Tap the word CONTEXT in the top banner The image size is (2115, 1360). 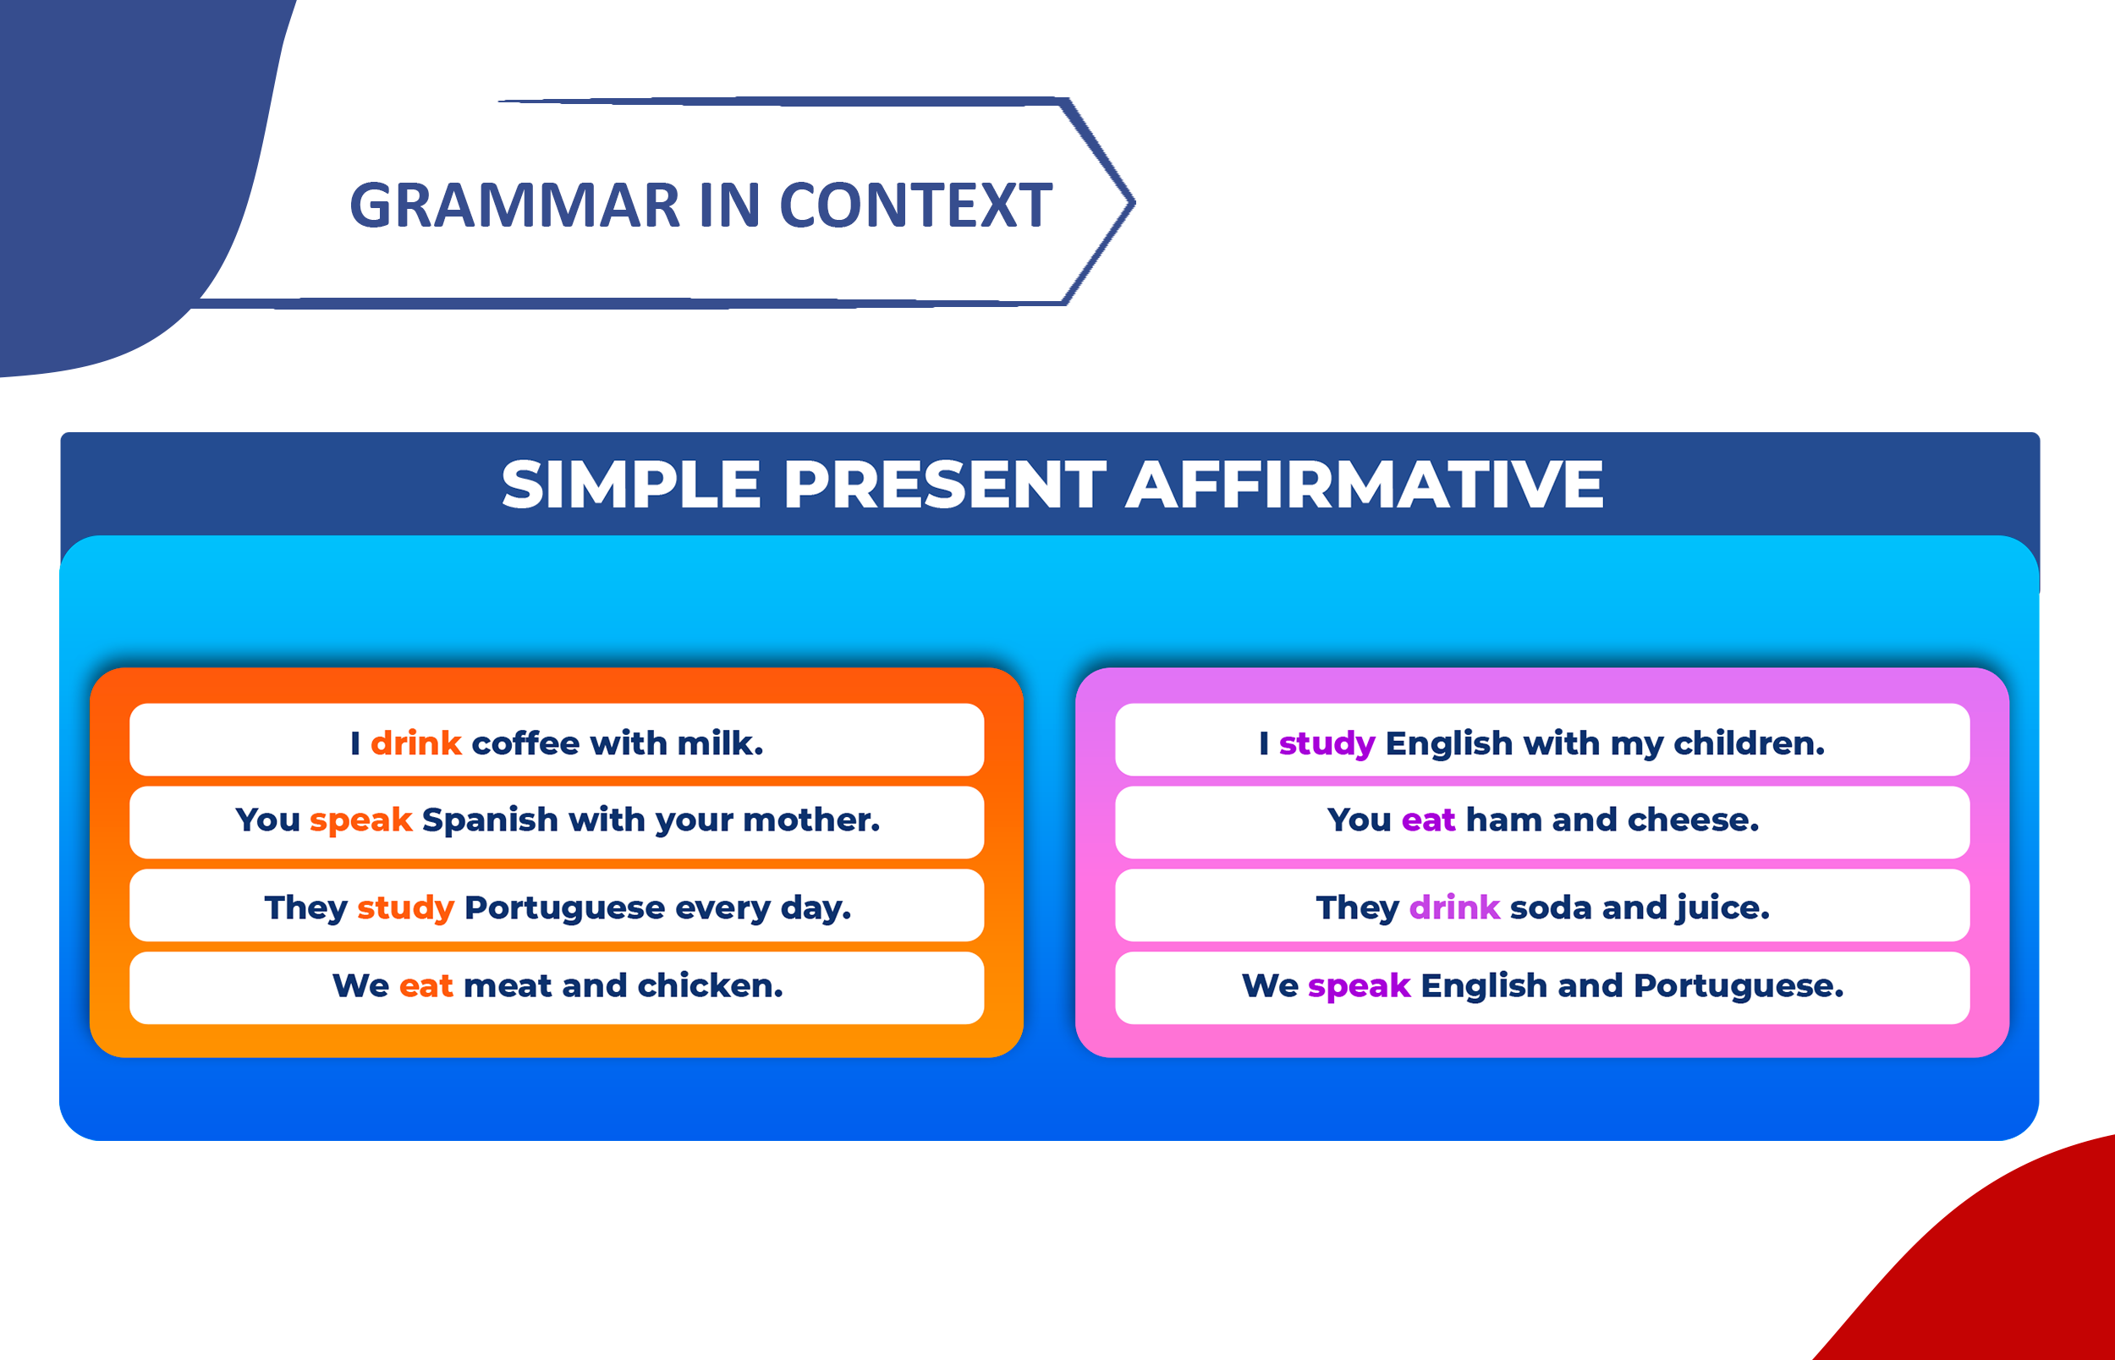click(915, 206)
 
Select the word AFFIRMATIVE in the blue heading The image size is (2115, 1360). click(1365, 485)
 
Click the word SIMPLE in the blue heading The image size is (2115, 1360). click(630, 485)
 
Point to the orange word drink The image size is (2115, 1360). click(416, 743)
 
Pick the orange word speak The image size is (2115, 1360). click(360, 821)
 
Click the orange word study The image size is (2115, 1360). click(405, 908)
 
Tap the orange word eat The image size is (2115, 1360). click(426, 985)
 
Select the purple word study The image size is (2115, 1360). click(1327, 744)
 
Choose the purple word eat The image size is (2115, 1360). click(1428, 820)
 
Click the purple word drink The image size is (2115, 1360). click(1453, 907)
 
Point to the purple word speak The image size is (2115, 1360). click(1359, 986)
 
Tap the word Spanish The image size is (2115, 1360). click(489, 820)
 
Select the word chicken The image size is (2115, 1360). click(710, 985)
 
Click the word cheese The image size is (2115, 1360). click(1693, 820)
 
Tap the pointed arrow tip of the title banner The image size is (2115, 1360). click(1133, 203)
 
